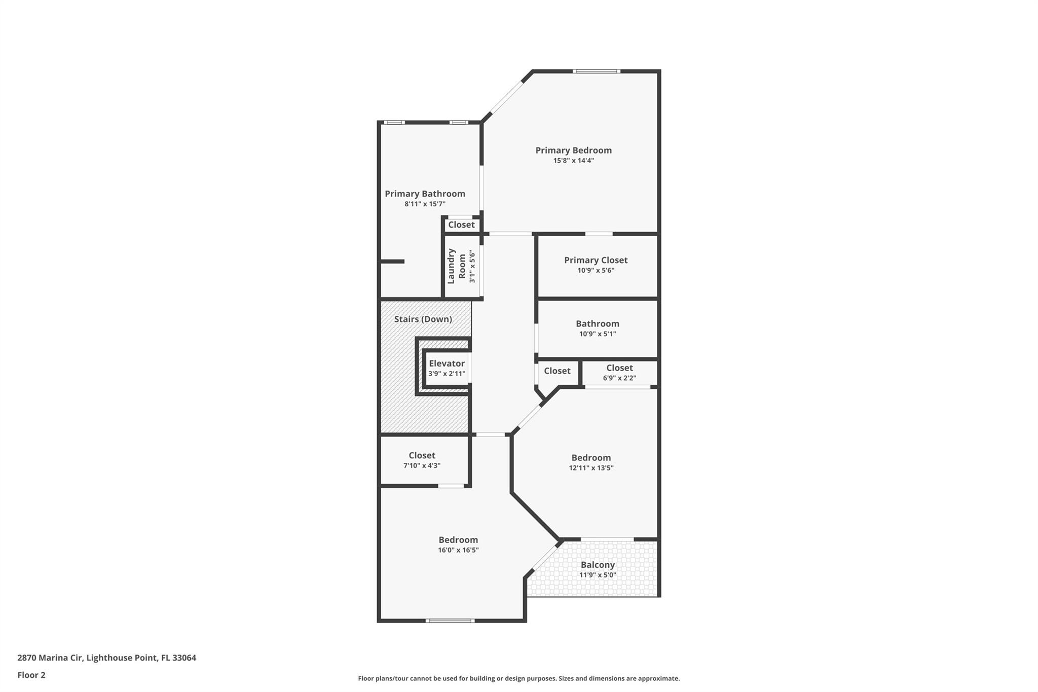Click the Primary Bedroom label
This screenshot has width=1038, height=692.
click(x=573, y=150)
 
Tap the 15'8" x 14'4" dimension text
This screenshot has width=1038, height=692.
click(x=573, y=161)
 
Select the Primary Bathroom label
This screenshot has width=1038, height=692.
click(x=425, y=194)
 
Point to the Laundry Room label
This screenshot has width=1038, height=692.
click(x=456, y=266)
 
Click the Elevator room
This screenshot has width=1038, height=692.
click(x=447, y=369)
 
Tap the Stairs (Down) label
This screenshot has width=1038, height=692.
click(x=423, y=319)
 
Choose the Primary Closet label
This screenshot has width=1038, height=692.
click(x=596, y=260)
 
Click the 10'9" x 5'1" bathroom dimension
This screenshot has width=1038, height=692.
click(x=598, y=334)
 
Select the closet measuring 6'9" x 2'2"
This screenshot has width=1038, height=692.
click(x=619, y=373)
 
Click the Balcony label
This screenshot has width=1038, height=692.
click(x=598, y=565)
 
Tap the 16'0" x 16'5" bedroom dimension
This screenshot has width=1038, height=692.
click(x=458, y=550)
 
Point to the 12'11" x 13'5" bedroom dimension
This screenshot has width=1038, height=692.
click(x=591, y=468)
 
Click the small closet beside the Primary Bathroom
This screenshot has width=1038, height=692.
click(x=461, y=225)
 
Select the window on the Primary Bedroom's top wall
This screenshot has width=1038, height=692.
click(x=596, y=71)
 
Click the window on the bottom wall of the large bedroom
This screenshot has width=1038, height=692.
click(x=450, y=621)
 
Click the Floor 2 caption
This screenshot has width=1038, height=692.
click(x=31, y=675)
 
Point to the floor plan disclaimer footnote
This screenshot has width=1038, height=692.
click(x=518, y=678)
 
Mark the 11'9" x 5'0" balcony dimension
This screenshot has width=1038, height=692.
click(x=598, y=575)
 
